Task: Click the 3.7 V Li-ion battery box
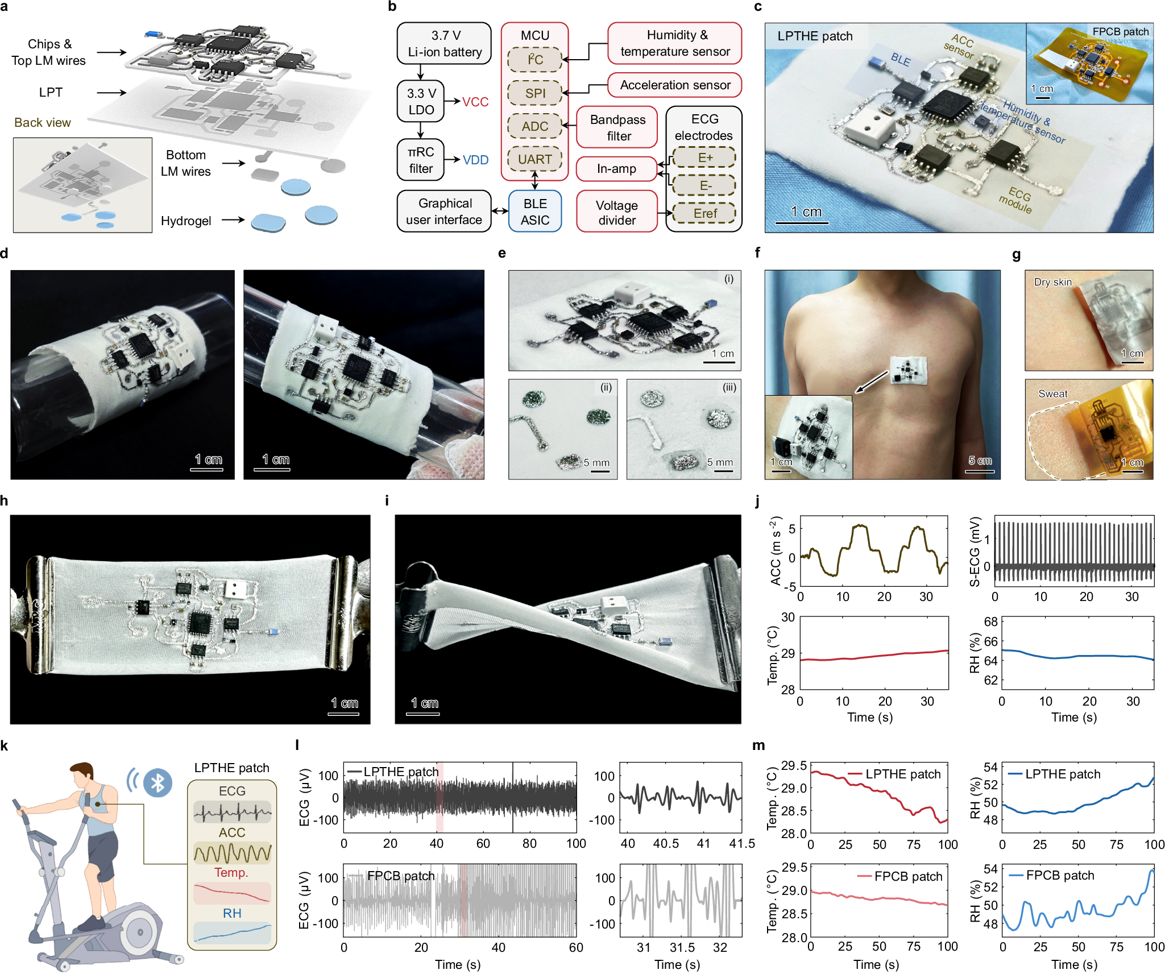[x=444, y=44]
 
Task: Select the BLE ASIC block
[x=534, y=212]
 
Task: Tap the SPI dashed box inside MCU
[x=534, y=93]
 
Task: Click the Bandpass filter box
[x=617, y=127]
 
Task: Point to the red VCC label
[x=475, y=102]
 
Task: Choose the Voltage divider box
[x=617, y=213]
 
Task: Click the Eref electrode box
[x=704, y=213]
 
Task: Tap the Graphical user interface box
[x=444, y=212]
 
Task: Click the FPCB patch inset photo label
[x=1120, y=32]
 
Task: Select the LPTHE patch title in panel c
[x=814, y=36]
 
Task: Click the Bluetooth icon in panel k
[x=157, y=783]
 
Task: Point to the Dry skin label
[x=1052, y=282]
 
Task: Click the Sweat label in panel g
[x=1052, y=393]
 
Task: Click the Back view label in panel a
[x=43, y=123]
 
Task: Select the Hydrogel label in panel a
[x=186, y=221]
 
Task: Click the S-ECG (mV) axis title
[x=975, y=551]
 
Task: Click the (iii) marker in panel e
[x=729, y=388]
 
